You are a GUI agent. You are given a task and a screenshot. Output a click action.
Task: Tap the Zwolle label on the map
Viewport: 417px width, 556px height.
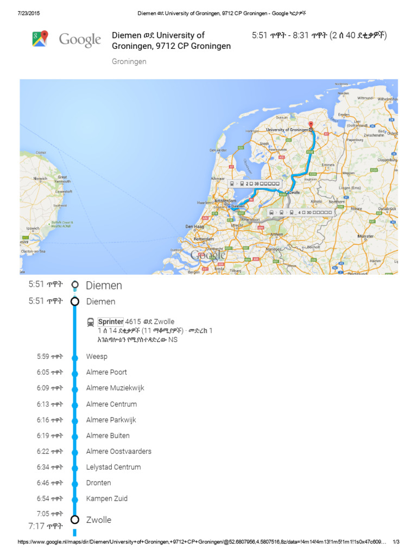294,192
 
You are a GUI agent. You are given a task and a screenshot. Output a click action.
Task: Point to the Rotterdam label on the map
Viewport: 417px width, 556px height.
203,238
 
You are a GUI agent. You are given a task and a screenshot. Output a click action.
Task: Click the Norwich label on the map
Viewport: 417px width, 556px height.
41,178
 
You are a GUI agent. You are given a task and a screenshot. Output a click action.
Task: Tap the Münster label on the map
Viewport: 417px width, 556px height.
366,236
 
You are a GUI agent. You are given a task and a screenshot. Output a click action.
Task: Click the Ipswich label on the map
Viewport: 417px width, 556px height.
33,228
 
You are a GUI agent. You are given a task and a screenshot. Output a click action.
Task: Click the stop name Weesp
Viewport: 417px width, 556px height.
97,357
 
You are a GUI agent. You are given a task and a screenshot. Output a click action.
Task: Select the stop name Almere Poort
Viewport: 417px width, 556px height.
106,372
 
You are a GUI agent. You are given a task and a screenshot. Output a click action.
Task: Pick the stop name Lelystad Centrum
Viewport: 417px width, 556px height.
113,467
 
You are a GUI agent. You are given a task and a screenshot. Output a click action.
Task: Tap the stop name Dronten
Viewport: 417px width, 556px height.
98,483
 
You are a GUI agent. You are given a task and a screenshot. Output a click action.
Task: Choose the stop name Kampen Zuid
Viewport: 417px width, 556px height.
107,498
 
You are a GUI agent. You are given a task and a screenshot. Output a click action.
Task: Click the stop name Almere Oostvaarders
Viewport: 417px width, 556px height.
119,451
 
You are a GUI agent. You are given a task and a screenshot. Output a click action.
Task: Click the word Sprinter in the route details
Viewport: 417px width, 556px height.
111,321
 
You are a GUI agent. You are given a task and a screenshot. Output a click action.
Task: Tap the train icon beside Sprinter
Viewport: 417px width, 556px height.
91,322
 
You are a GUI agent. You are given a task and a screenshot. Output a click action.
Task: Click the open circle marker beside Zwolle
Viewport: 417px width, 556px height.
75,520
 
